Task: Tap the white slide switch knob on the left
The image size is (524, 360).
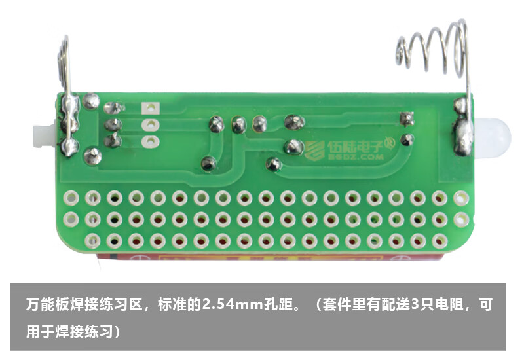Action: coord(40,135)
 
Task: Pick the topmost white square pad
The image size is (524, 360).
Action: coord(151,108)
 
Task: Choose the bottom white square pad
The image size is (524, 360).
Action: coord(151,141)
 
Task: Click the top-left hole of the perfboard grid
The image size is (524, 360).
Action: coord(71,196)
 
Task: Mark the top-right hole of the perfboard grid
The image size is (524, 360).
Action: coord(460,196)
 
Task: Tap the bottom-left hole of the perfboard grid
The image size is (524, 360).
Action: coord(92,240)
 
